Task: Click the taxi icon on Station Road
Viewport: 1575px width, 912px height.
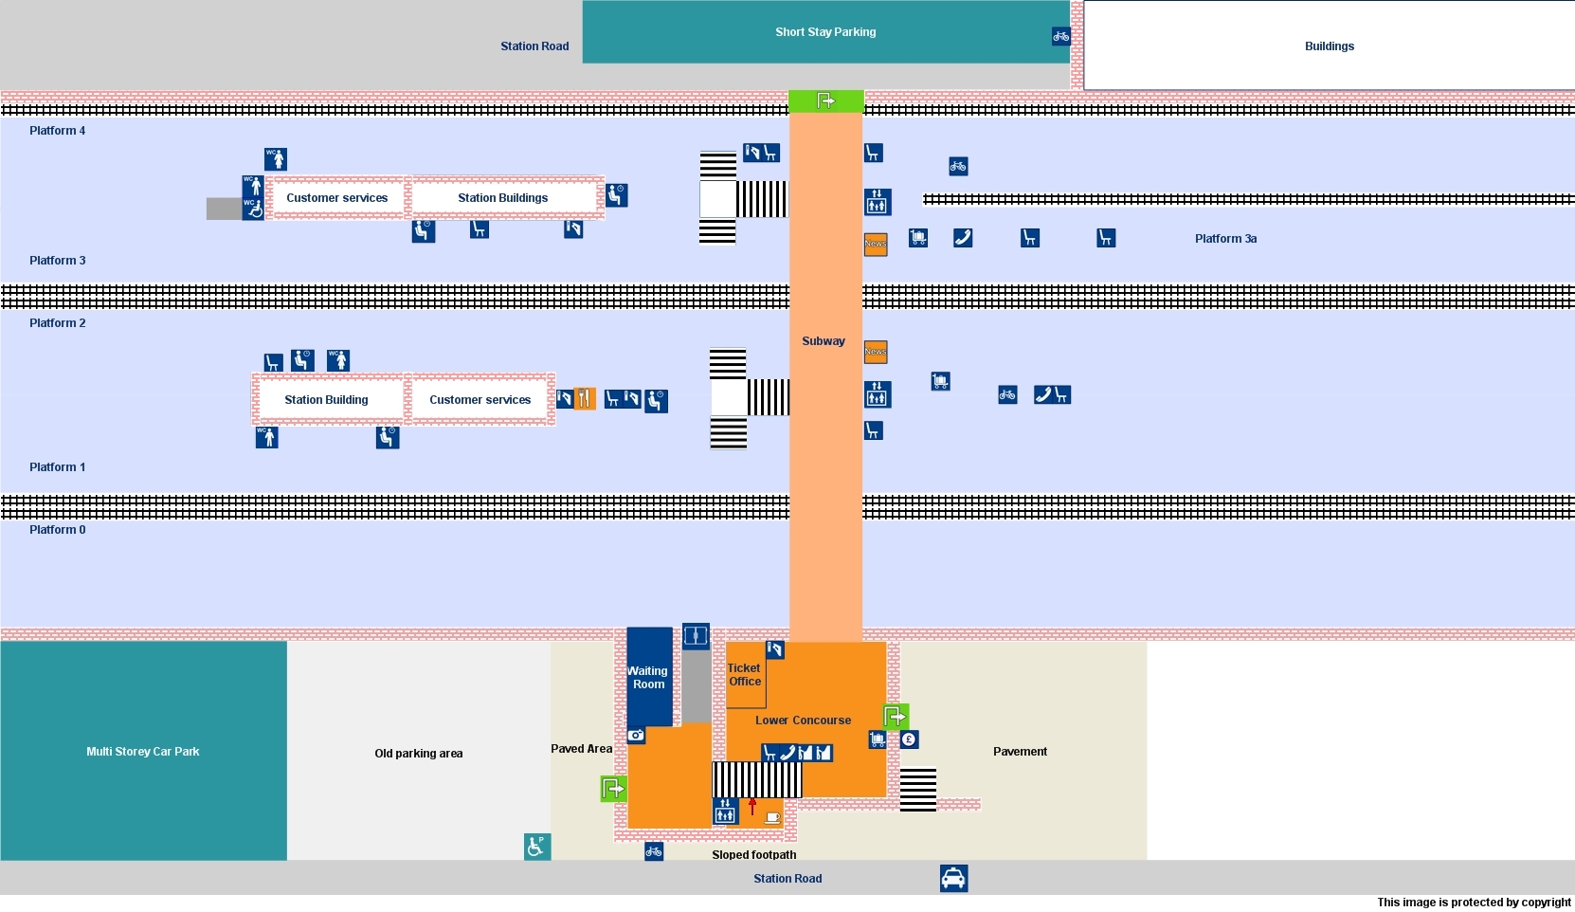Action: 953,879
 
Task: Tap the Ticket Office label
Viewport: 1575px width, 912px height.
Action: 745,675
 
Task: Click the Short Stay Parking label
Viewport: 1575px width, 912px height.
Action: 825,32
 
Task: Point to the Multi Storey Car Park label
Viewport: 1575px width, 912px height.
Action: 143,752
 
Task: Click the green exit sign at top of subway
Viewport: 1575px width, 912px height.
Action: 825,100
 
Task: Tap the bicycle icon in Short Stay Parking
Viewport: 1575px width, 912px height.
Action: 1060,37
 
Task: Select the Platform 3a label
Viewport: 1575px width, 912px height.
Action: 1225,239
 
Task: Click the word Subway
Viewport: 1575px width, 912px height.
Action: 824,341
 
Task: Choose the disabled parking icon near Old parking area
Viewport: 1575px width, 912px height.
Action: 536,846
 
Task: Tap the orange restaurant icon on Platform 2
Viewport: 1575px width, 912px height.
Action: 585,399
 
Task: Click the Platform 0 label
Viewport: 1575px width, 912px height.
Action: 57,530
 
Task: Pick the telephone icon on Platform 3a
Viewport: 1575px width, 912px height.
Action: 963,238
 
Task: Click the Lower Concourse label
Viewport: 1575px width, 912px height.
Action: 803,720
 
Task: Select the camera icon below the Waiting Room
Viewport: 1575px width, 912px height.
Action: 636,736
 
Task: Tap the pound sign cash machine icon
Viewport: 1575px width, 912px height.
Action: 909,739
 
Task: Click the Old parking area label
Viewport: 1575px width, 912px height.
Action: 418,754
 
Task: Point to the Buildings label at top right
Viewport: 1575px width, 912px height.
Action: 1329,46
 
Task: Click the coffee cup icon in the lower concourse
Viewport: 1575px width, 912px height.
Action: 772,816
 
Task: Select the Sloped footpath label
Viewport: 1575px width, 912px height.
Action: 753,855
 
